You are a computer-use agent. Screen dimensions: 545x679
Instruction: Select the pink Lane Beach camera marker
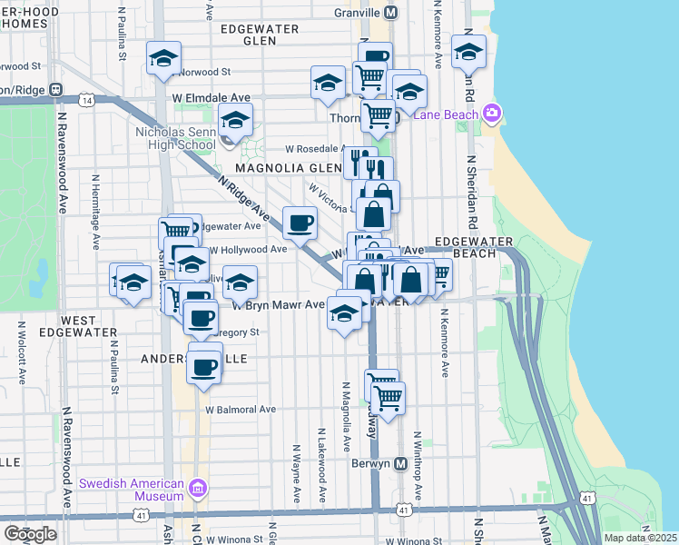pos(492,114)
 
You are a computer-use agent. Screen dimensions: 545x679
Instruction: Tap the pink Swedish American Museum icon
pos(197,490)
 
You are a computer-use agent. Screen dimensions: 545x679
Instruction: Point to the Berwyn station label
pos(371,462)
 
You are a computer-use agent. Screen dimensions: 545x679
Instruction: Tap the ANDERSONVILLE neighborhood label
pos(193,359)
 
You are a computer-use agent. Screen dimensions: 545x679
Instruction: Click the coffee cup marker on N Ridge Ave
pos(300,222)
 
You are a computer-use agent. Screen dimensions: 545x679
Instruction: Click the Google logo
pos(30,534)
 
